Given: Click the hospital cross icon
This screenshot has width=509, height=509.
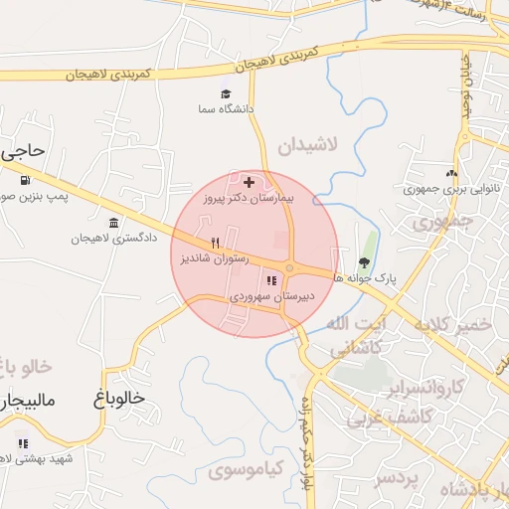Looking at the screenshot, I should click(x=249, y=182).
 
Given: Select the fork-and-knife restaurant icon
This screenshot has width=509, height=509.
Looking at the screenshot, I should click(x=214, y=242).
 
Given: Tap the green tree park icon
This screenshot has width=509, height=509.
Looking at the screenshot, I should click(x=364, y=263).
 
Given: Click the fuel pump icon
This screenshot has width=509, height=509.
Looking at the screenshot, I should click(x=24, y=181).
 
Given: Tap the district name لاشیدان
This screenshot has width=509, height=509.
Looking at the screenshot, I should click(x=307, y=145).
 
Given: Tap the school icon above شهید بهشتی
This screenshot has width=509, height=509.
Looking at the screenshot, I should click(x=22, y=443).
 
